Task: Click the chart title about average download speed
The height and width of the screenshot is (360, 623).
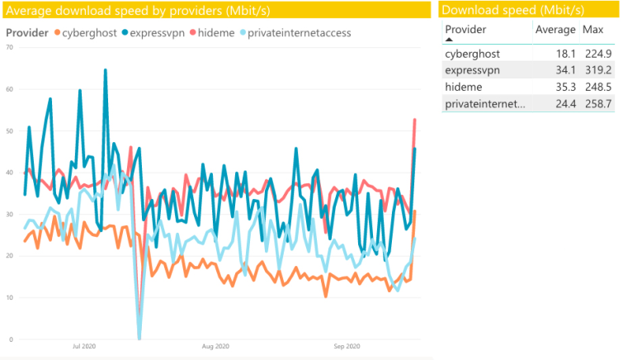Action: click(x=138, y=11)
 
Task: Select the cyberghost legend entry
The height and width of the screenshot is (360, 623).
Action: click(x=86, y=33)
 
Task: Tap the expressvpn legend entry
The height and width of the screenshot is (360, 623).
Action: click(x=153, y=33)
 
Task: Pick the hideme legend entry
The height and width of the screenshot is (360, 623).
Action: click(x=212, y=33)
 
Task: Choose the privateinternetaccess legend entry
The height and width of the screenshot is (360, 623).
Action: click(x=295, y=33)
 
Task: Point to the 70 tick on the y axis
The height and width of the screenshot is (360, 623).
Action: click(x=10, y=47)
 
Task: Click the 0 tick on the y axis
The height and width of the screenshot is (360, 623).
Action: click(x=11, y=339)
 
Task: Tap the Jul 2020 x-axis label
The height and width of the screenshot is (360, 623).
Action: click(x=84, y=346)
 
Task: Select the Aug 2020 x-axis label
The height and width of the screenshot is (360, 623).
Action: click(x=215, y=346)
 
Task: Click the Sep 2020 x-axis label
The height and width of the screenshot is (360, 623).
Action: click(x=347, y=346)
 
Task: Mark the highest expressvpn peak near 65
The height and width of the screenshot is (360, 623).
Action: click(x=106, y=70)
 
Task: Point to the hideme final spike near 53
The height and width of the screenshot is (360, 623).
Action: click(x=415, y=120)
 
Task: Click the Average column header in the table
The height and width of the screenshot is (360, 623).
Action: click(x=555, y=30)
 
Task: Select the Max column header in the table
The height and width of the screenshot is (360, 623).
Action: click(x=592, y=30)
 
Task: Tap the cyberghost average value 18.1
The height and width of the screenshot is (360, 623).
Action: click(x=565, y=54)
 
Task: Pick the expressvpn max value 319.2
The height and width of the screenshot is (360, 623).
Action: click(x=598, y=70)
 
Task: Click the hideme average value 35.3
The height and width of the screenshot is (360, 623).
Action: click(x=565, y=87)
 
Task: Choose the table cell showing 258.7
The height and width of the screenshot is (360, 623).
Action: click(x=598, y=104)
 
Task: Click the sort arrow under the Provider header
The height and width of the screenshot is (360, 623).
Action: click(x=449, y=40)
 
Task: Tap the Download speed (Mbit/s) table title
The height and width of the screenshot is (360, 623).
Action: click(x=513, y=11)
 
